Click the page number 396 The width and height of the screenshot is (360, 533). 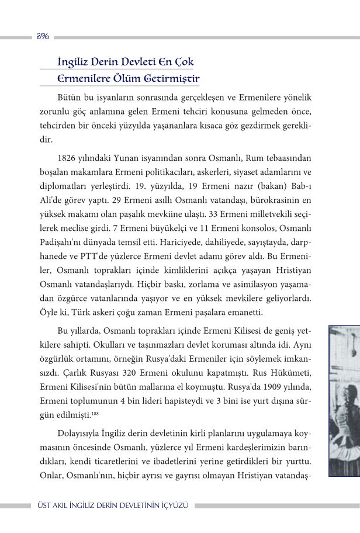[42, 36]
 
